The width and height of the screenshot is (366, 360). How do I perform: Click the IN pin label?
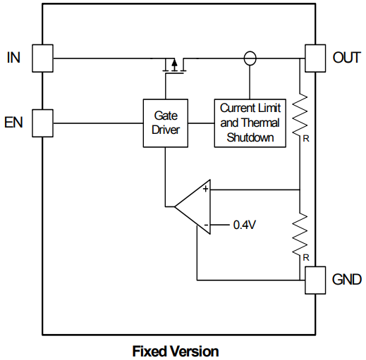pyautogui.click(x=13, y=58)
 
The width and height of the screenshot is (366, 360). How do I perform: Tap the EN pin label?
pyautogui.click(x=13, y=123)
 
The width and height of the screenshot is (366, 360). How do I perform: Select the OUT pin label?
pyautogui.click(x=346, y=58)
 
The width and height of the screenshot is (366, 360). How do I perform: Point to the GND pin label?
pyautogui.click(x=346, y=280)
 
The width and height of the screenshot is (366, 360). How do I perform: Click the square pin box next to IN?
pyautogui.click(x=43, y=58)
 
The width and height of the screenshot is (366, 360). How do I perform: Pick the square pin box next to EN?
pyautogui.click(x=43, y=123)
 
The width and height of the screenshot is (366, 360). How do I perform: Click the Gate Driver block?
pyautogui.click(x=166, y=123)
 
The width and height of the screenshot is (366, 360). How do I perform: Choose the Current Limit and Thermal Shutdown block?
pyautogui.click(x=250, y=123)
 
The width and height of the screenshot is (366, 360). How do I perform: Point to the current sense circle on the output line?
pyautogui.click(x=249, y=58)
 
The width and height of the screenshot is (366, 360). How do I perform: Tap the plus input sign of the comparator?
pyautogui.click(x=205, y=189)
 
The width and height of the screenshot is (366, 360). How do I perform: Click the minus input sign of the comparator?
pyautogui.click(x=205, y=225)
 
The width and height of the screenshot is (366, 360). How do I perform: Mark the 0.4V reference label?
pyautogui.click(x=244, y=226)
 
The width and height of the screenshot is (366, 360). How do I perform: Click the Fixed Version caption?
pyautogui.click(x=176, y=351)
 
